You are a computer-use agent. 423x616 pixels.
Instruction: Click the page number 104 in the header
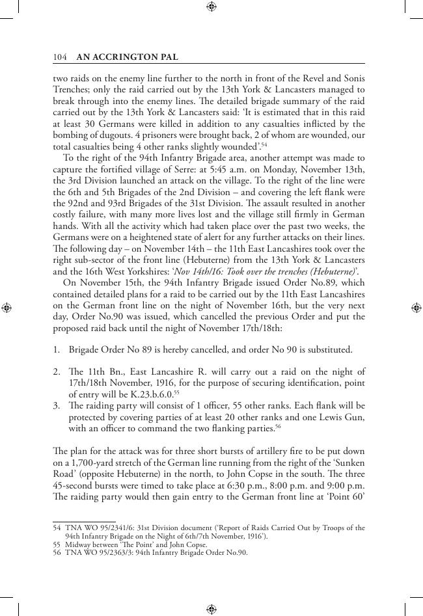tap(60, 57)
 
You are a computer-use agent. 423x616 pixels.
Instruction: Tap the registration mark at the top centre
tap(211, 7)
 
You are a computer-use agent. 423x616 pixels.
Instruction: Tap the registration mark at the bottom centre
tap(211, 609)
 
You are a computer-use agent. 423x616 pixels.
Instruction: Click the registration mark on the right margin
tap(416, 308)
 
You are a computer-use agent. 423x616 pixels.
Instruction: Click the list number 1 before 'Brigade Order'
tap(55, 350)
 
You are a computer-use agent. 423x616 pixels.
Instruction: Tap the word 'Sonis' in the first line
tap(353, 77)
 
